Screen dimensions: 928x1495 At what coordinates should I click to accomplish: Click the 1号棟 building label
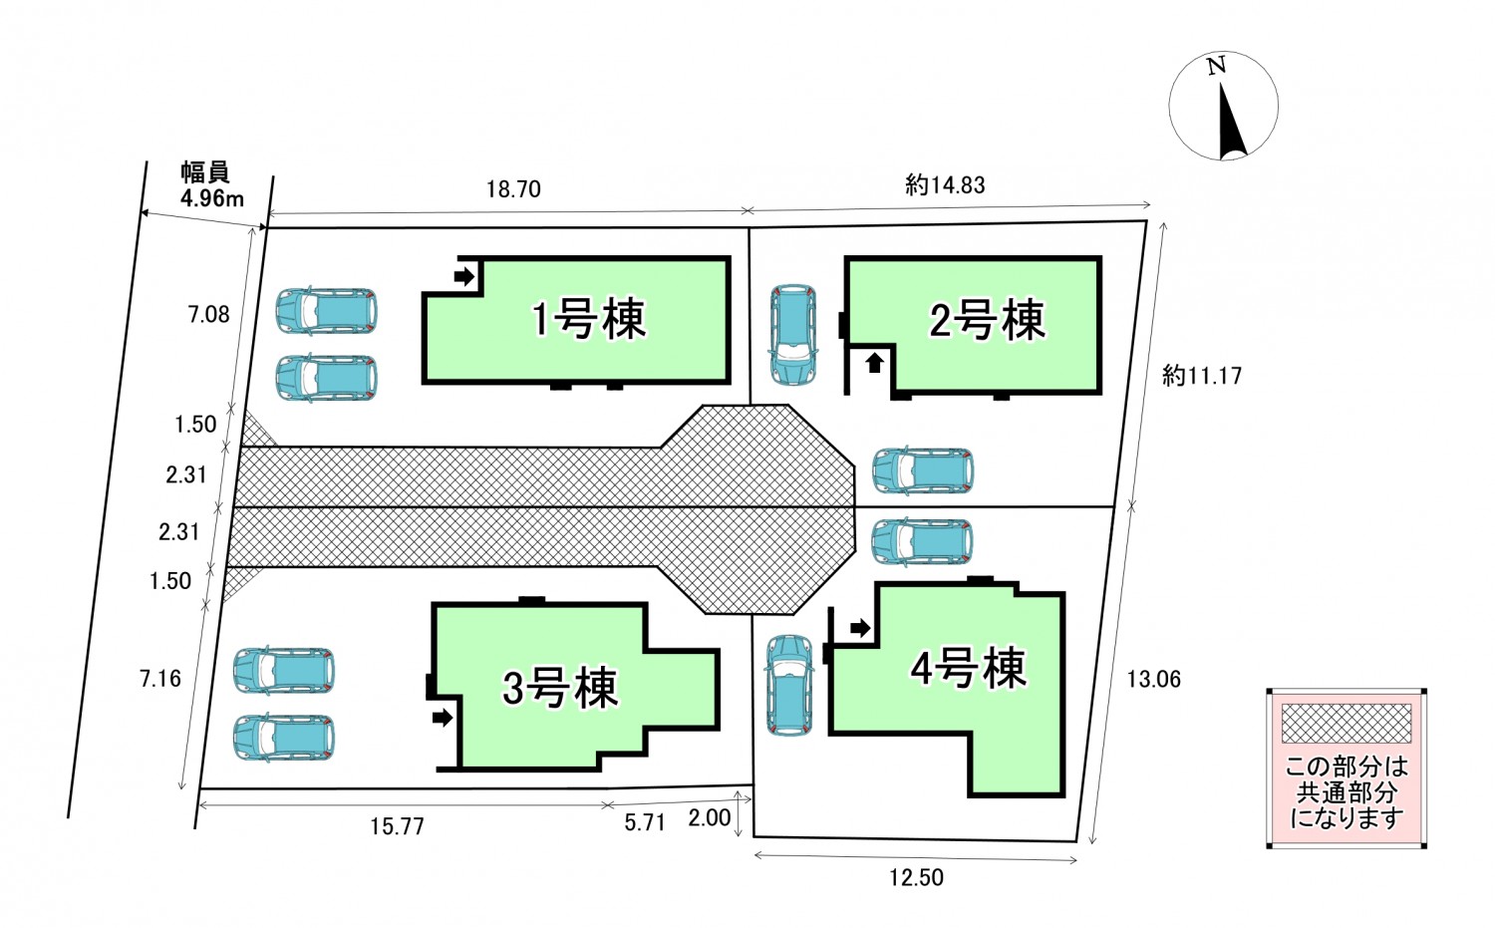tap(589, 319)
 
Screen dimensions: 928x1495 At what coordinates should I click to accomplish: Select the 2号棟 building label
tap(987, 320)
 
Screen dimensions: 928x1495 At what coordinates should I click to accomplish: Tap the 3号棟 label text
tap(560, 688)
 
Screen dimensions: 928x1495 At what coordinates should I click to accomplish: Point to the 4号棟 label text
tap(968, 668)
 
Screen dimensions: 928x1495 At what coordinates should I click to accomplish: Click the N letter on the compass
tap(1216, 67)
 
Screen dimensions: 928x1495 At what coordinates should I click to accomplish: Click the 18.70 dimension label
tap(513, 189)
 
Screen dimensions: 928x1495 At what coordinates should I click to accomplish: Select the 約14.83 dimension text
tap(945, 184)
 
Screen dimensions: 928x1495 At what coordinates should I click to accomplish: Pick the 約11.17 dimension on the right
tap(1202, 376)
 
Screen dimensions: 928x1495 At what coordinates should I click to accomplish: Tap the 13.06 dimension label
tap(1153, 679)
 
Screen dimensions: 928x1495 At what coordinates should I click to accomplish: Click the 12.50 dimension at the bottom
tap(916, 877)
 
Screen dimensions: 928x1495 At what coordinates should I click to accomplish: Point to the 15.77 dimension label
tap(397, 826)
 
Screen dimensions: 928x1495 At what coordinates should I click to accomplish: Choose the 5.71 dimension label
tap(644, 822)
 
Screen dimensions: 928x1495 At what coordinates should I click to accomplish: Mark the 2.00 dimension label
tap(710, 818)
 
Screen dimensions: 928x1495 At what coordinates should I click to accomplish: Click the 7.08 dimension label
tap(208, 315)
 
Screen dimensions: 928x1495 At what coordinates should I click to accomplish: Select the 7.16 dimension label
tap(160, 679)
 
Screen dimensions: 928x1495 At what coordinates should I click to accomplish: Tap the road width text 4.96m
tap(211, 198)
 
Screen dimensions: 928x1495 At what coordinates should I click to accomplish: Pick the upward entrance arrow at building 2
tap(874, 363)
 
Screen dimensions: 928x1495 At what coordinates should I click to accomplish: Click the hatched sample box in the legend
tap(1345, 724)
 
